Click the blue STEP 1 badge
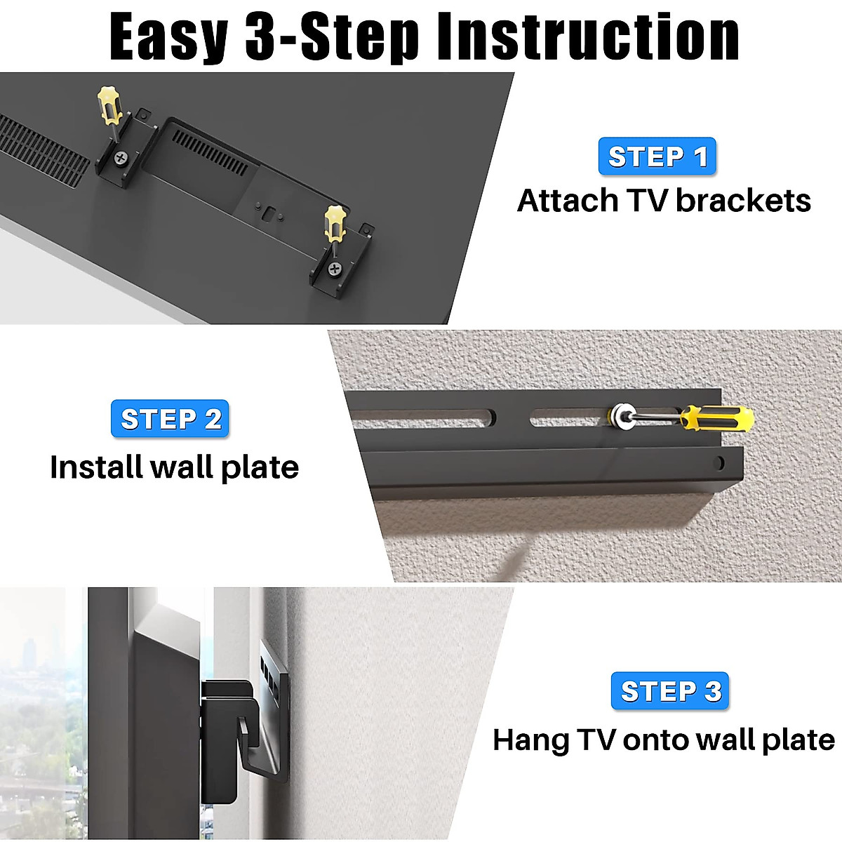click(x=657, y=156)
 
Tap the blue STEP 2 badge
click(x=171, y=419)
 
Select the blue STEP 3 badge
click(x=670, y=691)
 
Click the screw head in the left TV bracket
click(x=121, y=158)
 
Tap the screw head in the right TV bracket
click(x=335, y=268)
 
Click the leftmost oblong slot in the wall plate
click(x=421, y=418)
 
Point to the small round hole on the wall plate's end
click(x=719, y=463)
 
